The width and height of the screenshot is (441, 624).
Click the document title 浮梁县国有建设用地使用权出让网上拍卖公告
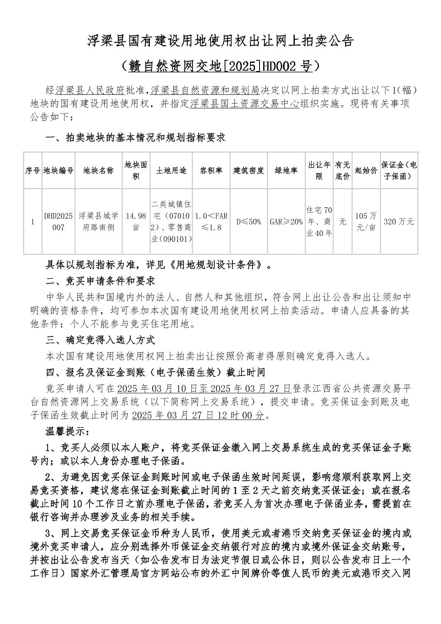click(220, 41)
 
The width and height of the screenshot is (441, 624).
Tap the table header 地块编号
click(59, 170)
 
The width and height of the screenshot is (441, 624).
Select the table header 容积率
click(211, 170)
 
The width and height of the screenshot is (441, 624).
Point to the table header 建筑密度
click(248, 170)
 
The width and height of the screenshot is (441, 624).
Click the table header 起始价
click(366, 170)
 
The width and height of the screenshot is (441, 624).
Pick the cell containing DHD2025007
click(59, 222)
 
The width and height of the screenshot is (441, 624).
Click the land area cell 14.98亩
click(136, 222)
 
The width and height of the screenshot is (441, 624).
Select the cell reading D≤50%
click(248, 222)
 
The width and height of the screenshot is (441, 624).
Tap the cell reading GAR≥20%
click(286, 222)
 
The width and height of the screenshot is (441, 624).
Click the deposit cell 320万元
click(399, 222)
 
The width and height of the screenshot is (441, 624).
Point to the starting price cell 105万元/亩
click(366, 222)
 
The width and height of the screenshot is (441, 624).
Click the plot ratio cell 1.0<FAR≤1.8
click(211, 222)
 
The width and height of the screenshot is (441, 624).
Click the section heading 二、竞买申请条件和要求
click(100, 282)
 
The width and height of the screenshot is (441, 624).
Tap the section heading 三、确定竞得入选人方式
click(100, 340)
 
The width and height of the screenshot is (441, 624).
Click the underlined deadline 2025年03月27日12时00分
click(198, 415)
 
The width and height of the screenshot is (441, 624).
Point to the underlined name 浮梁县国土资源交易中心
click(244, 103)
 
